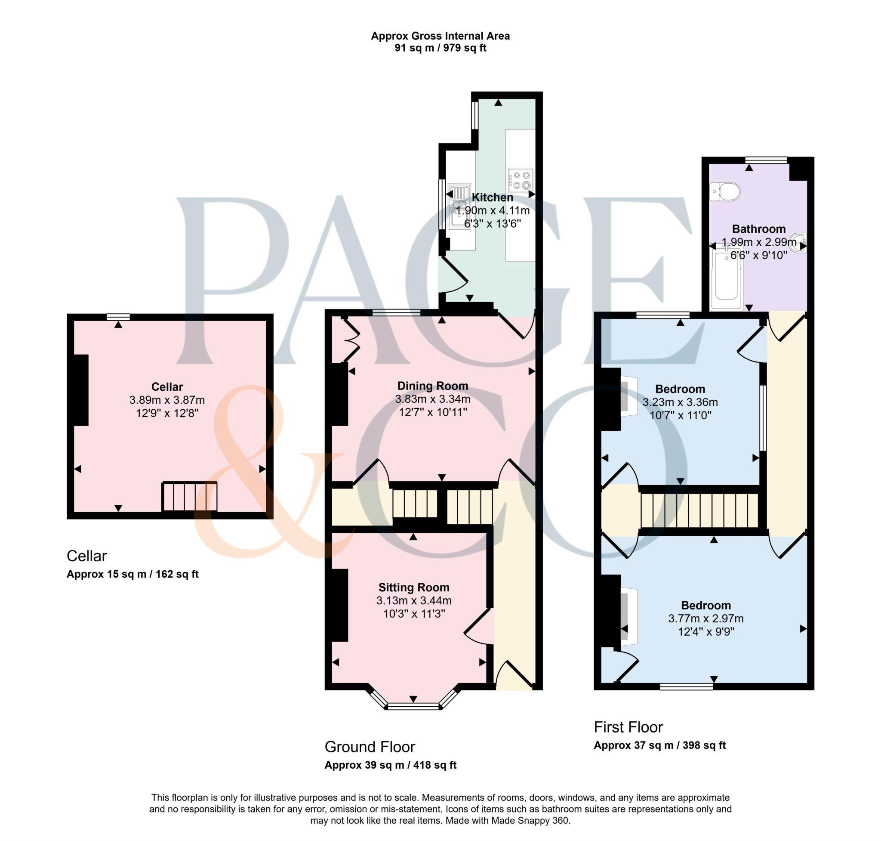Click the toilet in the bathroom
pos(724,192)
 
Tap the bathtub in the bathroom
pos(726,277)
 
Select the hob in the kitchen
pos(521,180)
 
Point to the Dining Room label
pos(432,386)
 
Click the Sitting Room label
pos(413,587)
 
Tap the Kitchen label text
pos(492,197)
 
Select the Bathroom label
pos(758,229)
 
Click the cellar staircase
pos(190,496)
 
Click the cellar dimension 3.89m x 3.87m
pos(167,400)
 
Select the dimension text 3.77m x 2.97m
pos(706,618)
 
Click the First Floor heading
pos(628,727)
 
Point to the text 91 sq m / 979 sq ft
pos(440,48)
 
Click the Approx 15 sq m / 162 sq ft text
pos(132,574)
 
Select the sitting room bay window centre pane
pos(413,707)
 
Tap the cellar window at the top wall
pos(118,317)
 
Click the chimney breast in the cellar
pos(81,390)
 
